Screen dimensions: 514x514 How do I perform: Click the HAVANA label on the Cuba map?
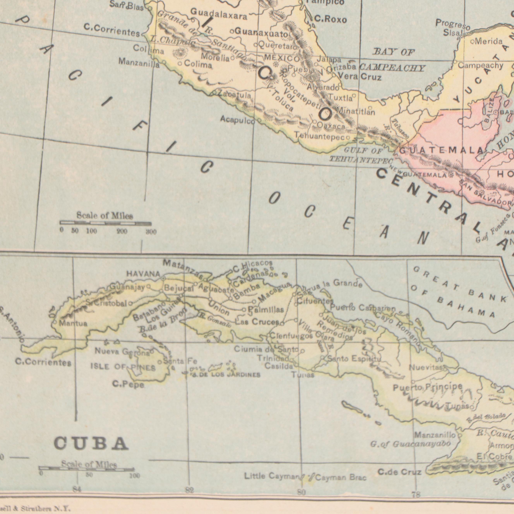(x=143, y=273)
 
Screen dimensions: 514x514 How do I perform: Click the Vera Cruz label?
(x=360, y=77)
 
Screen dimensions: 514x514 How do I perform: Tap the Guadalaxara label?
(x=219, y=14)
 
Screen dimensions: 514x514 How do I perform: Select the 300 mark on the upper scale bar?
(x=151, y=232)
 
